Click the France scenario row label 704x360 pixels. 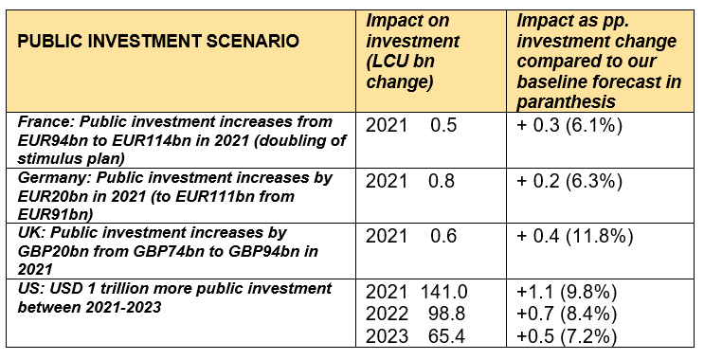[x=178, y=140]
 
